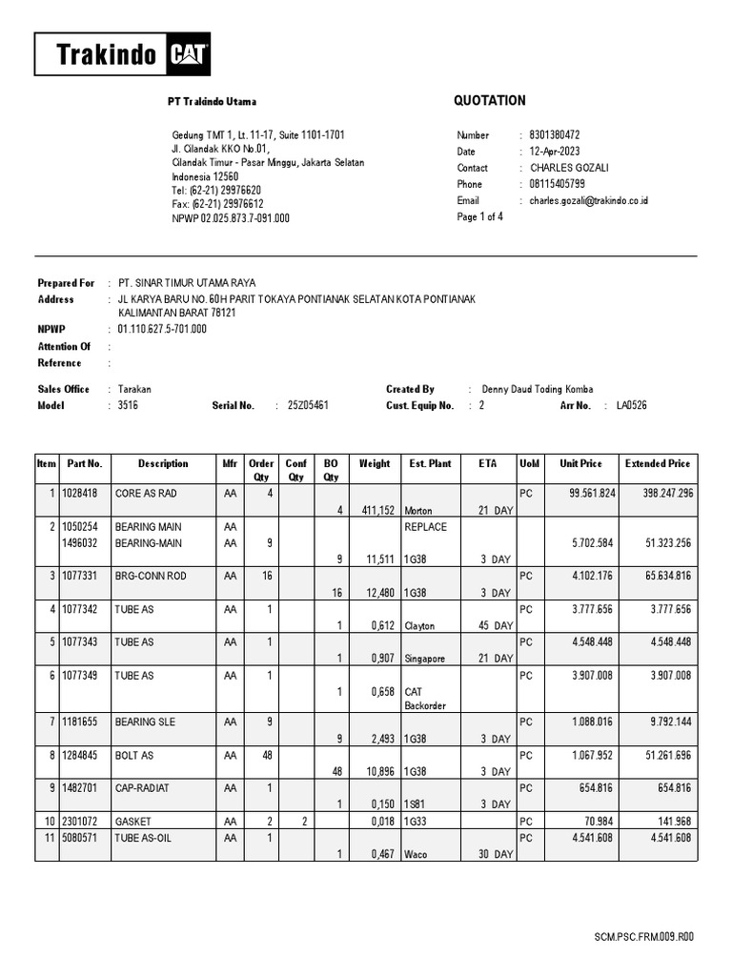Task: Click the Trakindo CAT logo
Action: [x=123, y=54]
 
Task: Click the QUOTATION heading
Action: [x=490, y=101]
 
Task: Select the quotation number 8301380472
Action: [x=555, y=135]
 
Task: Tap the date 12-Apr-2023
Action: [x=556, y=152]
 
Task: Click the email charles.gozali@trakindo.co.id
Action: [x=589, y=201]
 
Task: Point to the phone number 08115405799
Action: [x=558, y=184]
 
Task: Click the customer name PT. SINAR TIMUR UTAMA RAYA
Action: [x=186, y=283]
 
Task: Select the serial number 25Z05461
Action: [x=308, y=405]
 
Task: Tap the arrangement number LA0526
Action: [x=631, y=405]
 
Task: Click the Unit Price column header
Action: [x=580, y=464]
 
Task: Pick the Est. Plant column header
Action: [x=430, y=464]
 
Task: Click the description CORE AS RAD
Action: [x=146, y=494]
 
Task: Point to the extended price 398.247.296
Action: [x=657, y=494]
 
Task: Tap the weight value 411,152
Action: [x=374, y=511]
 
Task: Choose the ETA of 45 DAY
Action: [x=496, y=626]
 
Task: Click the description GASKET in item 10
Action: [x=134, y=822]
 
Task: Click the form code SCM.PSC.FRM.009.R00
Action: [x=643, y=937]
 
